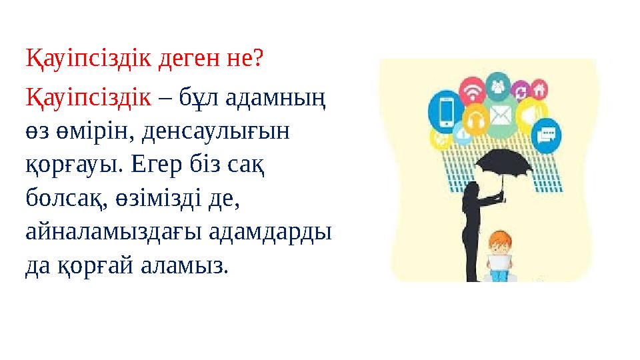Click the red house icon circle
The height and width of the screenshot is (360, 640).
click(539, 89)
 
